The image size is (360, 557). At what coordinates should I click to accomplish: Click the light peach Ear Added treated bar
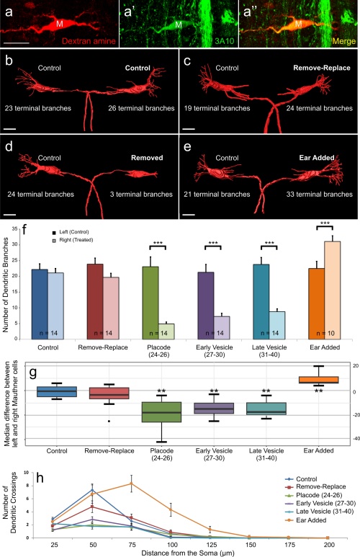pyautogui.click(x=333, y=290)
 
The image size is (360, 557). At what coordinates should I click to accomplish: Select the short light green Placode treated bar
pyautogui.click(x=166, y=331)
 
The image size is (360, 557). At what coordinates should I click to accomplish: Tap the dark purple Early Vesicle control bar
pyautogui.click(x=206, y=306)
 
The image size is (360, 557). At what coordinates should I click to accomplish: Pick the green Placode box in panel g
pyautogui.click(x=161, y=412)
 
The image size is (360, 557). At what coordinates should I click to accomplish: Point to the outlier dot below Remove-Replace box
pyautogui.click(x=109, y=421)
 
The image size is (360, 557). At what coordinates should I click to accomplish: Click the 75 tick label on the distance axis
pyautogui.click(x=132, y=545)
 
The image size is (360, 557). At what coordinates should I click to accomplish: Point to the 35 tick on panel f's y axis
pyautogui.click(x=15, y=228)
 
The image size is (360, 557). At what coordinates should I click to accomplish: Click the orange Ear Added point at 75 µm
pyautogui.click(x=131, y=484)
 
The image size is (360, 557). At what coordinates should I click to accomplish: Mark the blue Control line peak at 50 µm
pyautogui.click(x=92, y=490)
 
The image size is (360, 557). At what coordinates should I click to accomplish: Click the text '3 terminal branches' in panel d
pyautogui.click(x=141, y=195)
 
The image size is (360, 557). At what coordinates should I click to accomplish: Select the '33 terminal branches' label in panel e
pyautogui.click(x=320, y=195)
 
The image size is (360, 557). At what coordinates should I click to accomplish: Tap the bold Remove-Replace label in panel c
pyautogui.click(x=322, y=68)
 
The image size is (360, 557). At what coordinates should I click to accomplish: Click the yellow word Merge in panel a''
pyautogui.click(x=344, y=41)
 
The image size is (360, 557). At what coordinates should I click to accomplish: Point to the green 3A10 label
pyautogui.click(x=225, y=41)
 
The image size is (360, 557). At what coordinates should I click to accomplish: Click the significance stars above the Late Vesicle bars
pyautogui.click(x=269, y=244)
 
